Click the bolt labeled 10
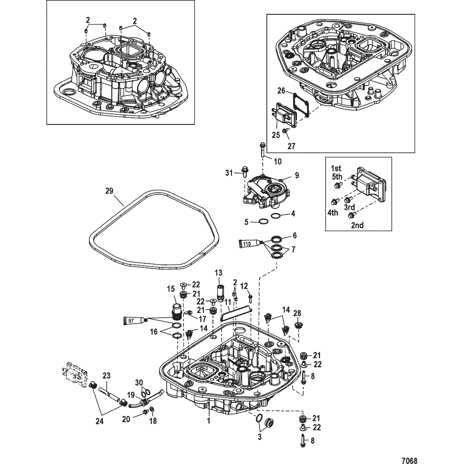pos(262,150)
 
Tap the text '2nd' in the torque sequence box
pos(357,225)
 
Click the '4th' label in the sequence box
pos(332,213)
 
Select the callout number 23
pos(106,375)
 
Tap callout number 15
pos(170,289)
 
